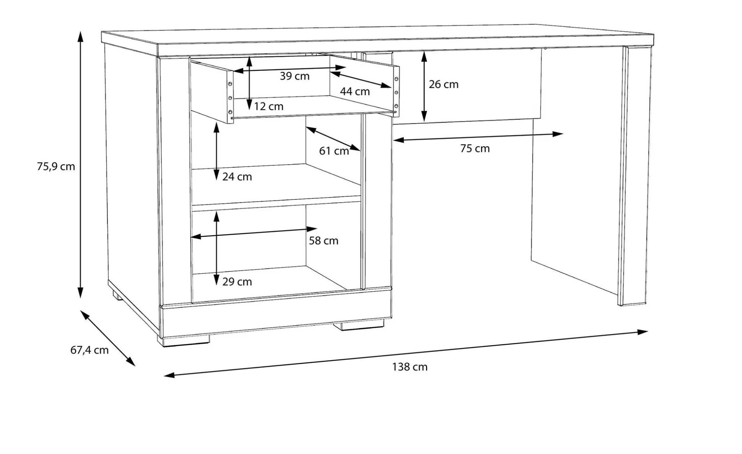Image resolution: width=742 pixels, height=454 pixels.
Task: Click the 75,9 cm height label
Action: [x=56, y=167]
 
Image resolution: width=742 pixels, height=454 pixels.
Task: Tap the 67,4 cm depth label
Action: [x=89, y=350]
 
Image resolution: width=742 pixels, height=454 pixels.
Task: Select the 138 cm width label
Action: [x=410, y=367]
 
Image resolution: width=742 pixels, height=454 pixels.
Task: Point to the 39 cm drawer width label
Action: [x=295, y=76]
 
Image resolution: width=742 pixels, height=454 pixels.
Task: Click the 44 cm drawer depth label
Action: [x=355, y=91]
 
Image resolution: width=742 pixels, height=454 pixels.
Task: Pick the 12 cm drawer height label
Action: [x=268, y=106]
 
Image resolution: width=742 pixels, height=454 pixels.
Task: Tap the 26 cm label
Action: [x=443, y=84]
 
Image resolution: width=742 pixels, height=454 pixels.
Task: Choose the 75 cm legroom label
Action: [x=475, y=149]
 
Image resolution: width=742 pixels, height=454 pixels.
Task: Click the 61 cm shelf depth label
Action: [x=334, y=151]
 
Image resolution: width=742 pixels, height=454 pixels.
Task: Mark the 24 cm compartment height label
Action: [x=237, y=177]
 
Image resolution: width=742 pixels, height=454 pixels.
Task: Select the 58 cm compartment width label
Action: [x=324, y=241]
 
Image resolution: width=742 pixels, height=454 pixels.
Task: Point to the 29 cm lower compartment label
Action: [x=237, y=282]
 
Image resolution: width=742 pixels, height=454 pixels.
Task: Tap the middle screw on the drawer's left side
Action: [x=230, y=98]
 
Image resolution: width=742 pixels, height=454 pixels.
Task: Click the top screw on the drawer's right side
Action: [x=396, y=79]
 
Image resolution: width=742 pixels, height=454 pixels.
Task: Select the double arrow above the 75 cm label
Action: [x=478, y=137]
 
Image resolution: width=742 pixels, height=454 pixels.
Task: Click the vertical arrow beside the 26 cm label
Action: [x=424, y=87]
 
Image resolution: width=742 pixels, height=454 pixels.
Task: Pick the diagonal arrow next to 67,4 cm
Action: [x=108, y=338]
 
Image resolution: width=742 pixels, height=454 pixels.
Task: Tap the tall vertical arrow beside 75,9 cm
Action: [x=80, y=165]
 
